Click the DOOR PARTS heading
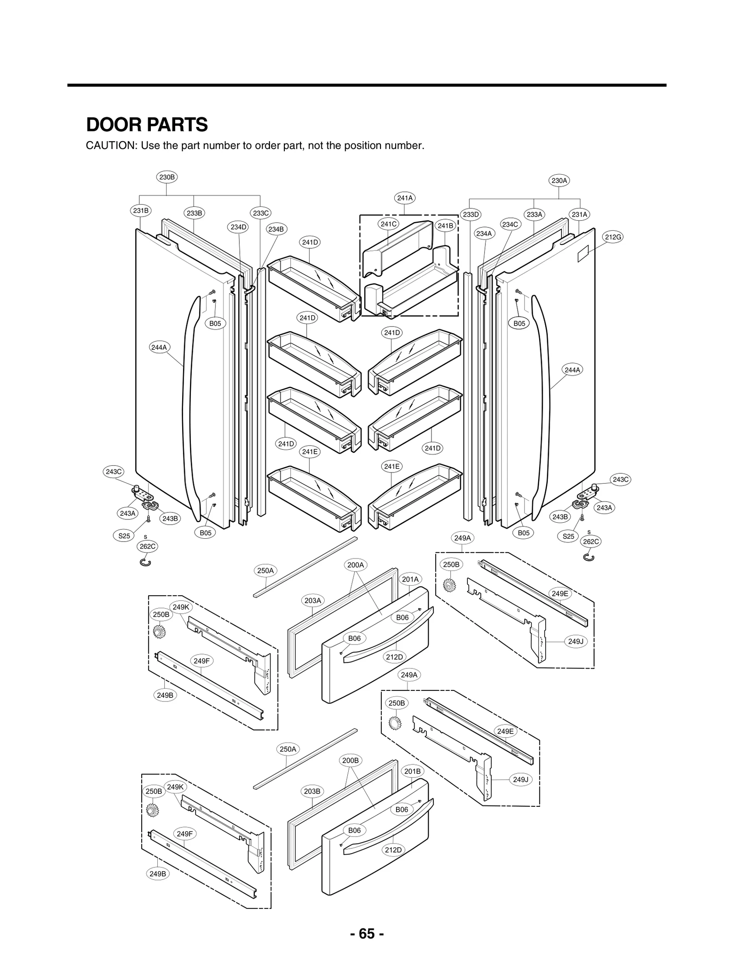[147, 125]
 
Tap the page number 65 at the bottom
[367, 933]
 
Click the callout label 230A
[559, 181]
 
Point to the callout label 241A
[404, 198]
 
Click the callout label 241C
[388, 224]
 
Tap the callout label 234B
[276, 229]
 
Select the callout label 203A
[313, 600]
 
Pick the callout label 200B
[351, 760]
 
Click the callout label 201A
[410, 579]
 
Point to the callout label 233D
[471, 214]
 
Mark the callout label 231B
[141, 211]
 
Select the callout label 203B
[312, 791]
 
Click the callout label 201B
[412, 771]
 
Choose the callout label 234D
[239, 227]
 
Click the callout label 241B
[445, 226]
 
